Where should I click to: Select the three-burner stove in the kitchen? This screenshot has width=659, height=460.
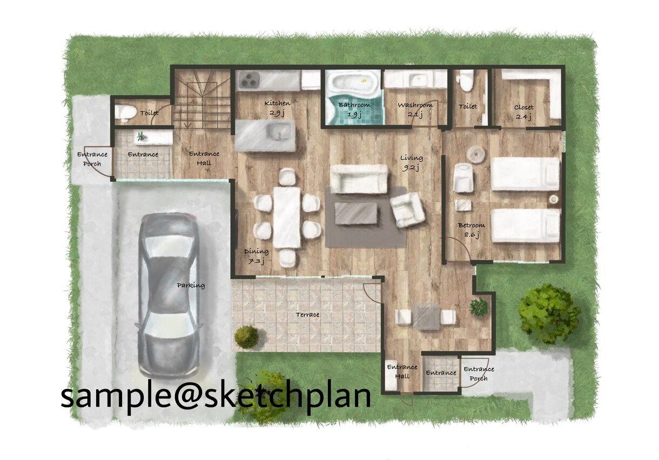click(x=250, y=79)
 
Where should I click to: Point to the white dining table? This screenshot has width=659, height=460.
click(x=286, y=218)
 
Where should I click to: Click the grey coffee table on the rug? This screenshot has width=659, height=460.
click(x=355, y=213)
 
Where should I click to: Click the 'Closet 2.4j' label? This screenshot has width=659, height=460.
click(x=523, y=112)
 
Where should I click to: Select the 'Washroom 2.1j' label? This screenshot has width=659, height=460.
click(x=415, y=110)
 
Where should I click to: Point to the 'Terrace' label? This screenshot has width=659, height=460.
click(x=307, y=314)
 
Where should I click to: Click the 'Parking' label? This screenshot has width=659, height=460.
click(x=191, y=285)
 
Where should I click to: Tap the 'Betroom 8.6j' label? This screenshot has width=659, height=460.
click(x=472, y=230)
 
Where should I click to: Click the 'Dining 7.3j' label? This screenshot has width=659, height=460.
click(x=256, y=256)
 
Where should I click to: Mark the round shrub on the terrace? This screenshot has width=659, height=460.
click(x=247, y=337)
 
